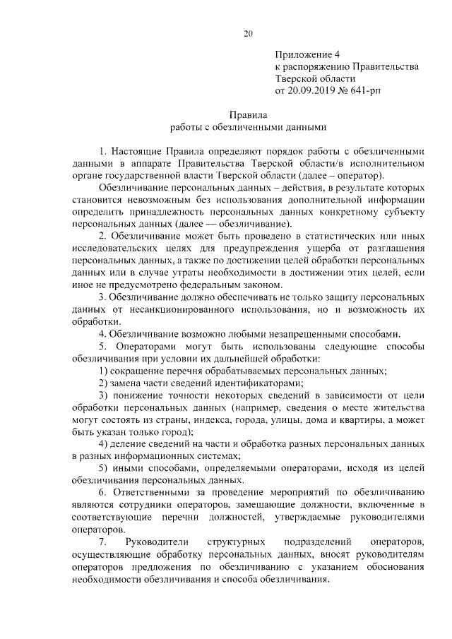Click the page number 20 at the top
click(x=248, y=32)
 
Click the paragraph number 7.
click(x=102, y=542)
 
